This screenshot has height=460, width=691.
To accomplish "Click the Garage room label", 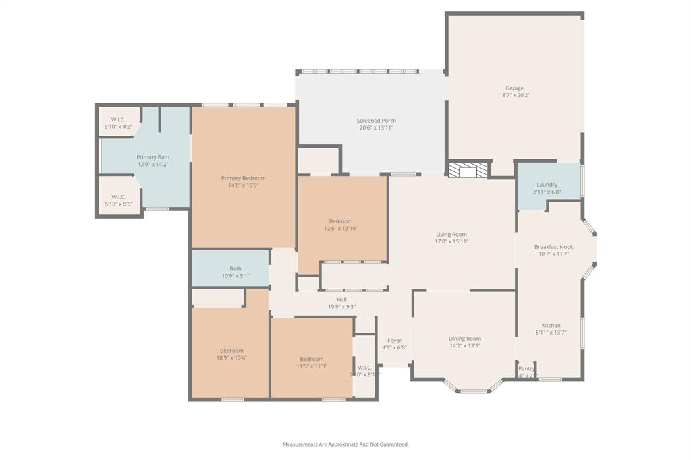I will (x=514, y=88).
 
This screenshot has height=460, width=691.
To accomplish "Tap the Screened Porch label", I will (x=376, y=121).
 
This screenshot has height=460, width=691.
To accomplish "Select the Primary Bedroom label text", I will (x=244, y=178).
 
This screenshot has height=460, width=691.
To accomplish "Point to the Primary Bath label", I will (x=153, y=157).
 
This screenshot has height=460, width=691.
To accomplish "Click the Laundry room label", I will (x=547, y=185).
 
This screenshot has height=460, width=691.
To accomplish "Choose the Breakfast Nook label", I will (x=553, y=247).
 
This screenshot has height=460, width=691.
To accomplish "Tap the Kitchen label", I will (x=551, y=325).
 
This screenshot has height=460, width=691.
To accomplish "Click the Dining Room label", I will (x=464, y=339).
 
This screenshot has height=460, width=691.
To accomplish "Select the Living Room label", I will (x=451, y=235).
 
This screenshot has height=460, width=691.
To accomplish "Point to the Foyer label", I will (x=394, y=341).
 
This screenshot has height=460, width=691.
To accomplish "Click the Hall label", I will (x=341, y=299).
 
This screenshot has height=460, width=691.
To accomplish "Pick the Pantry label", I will (x=526, y=368).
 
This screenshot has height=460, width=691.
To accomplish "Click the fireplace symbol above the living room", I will (x=468, y=170).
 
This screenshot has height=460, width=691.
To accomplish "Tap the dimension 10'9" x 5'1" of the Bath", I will (x=235, y=276).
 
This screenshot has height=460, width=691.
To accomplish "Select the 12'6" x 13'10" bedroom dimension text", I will (x=340, y=229).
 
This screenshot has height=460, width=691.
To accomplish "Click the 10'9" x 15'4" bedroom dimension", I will (x=231, y=358).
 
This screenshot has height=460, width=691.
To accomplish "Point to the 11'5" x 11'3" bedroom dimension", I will (x=311, y=366).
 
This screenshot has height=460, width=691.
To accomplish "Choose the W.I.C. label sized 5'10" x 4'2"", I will (x=118, y=127).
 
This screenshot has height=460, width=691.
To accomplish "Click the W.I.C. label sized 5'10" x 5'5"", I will (x=118, y=204).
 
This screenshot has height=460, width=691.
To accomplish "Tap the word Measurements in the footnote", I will (x=302, y=444).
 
